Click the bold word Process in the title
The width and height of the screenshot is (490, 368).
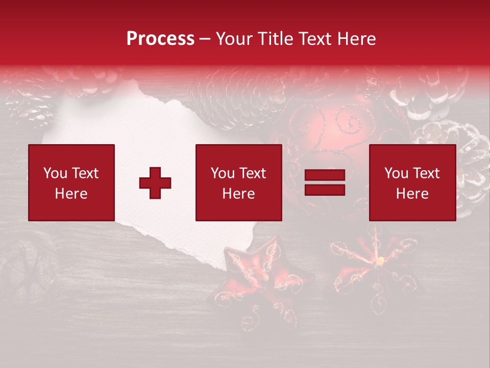[x=160, y=39]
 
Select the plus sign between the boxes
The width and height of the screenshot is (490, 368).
[x=155, y=183]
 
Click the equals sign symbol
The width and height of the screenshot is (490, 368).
[x=325, y=183]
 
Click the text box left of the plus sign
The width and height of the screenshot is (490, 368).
[x=71, y=182]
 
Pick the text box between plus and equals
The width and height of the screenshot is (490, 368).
[x=238, y=182]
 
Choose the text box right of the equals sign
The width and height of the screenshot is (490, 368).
[x=412, y=182]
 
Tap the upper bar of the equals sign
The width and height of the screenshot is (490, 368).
[x=325, y=176]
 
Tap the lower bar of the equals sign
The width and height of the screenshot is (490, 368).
[x=325, y=190]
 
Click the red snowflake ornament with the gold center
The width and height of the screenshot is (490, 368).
[x=378, y=266]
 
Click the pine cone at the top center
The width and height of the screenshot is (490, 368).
[x=235, y=95]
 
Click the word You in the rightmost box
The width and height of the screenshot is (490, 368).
[x=396, y=173]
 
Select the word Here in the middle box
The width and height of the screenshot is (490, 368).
[x=238, y=194]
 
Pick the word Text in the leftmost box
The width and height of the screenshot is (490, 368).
[x=85, y=173]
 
